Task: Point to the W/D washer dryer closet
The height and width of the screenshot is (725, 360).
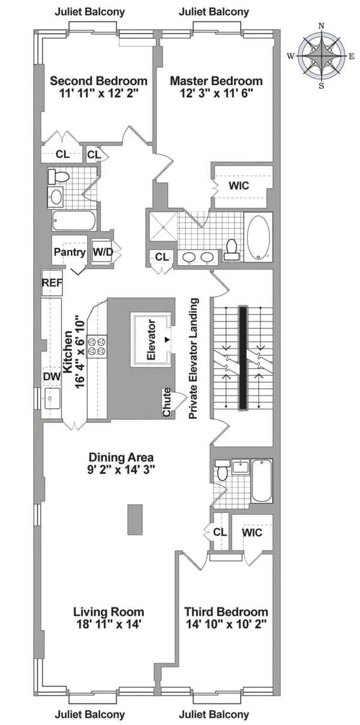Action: click(x=102, y=252)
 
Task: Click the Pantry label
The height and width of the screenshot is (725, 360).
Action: click(x=70, y=252)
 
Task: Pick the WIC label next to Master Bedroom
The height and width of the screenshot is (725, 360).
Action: click(x=238, y=186)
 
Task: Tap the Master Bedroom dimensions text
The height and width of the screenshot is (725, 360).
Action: click(x=216, y=94)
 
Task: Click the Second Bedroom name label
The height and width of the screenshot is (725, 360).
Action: click(x=98, y=81)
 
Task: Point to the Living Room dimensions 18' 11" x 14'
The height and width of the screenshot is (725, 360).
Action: click(x=109, y=624)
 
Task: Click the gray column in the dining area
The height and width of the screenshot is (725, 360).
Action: click(x=135, y=519)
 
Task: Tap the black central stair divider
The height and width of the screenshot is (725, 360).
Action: click(x=243, y=358)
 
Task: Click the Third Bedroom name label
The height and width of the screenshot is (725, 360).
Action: click(x=226, y=612)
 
